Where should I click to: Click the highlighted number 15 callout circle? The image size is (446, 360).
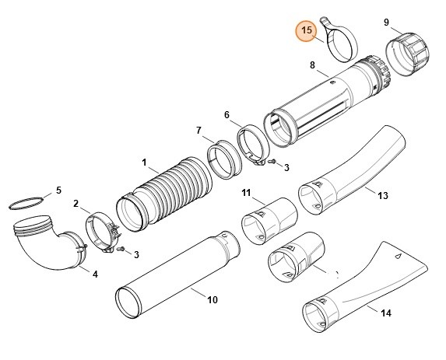pos(306,31)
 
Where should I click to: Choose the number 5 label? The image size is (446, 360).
pos(57,190)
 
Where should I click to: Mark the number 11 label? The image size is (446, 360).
pos(245,192)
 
